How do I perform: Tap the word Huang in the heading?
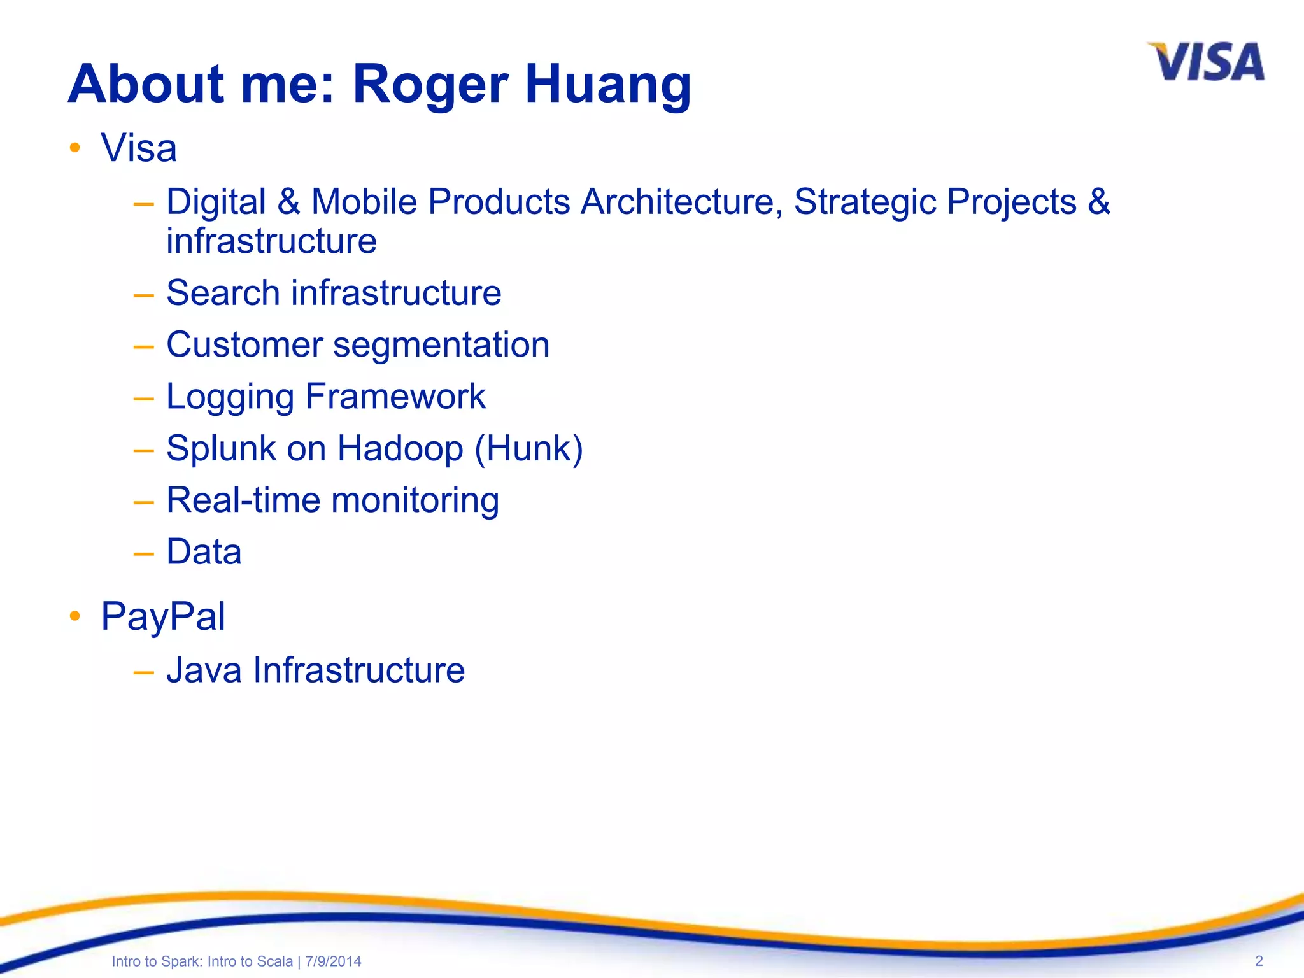pyautogui.click(x=608, y=85)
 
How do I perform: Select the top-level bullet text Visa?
pyautogui.click(x=139, y=148)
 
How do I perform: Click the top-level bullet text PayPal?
pyautogui.click(x=163, y=616)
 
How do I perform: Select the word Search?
pyautogui.click(x=223, y=293)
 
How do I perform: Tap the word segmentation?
pyautogui.click(x=441, y=346)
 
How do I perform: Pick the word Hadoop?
pyautogui.click(x=400, y=448)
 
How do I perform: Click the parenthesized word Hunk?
pyautogui.click(x=529, y=448)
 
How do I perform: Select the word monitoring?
pyautogui.click(x=415, y=500)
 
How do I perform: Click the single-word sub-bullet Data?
pyautogui.click(x=204, y=551)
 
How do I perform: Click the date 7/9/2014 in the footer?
pyautogui.click(x=333, y=961)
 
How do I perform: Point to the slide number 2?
pyautogui.click(x=1258, y=961)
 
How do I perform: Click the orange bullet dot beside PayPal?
pyautogui.click(x=75, y=616)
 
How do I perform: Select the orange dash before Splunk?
pyautogui.click(x=144, y=450)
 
